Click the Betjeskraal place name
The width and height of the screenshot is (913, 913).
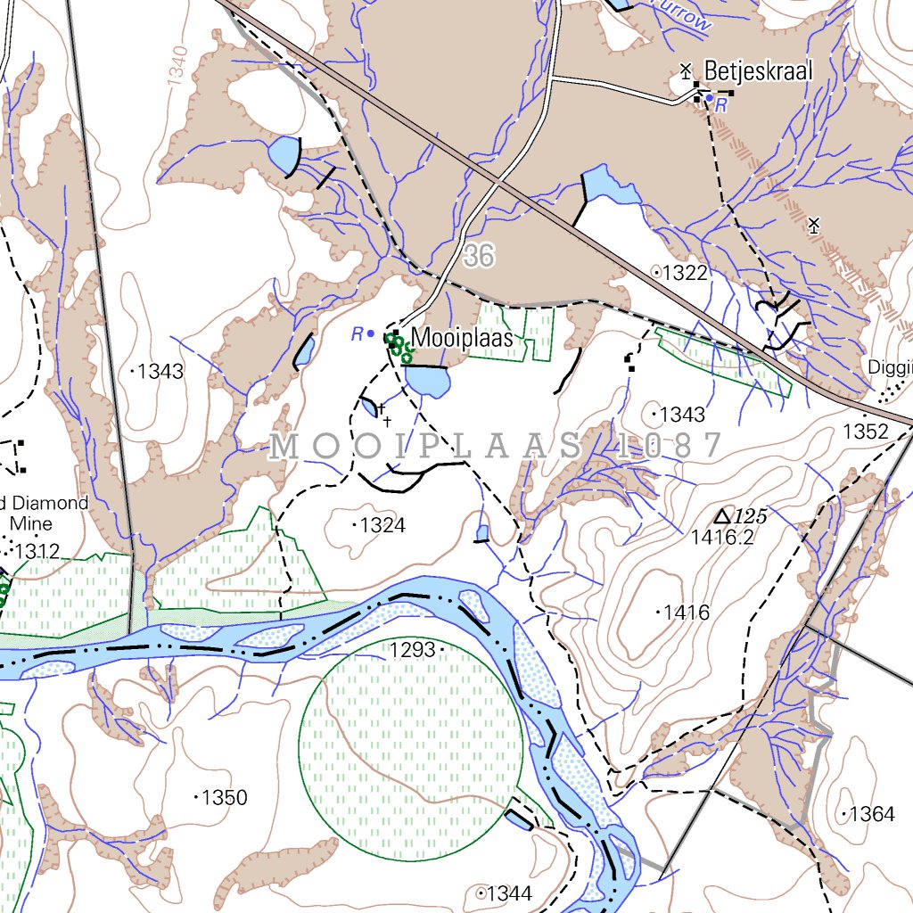[758, 70]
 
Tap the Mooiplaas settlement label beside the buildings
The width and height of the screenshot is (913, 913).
[462, 339]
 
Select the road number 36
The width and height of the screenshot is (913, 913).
[479, 257]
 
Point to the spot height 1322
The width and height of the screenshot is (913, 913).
[685, 273]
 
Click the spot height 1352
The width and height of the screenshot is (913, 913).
[866, 432]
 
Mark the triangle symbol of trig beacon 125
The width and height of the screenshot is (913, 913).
[723, 516]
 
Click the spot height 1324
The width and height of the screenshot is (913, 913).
[382, 526]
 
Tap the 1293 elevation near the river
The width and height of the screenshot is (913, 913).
[412, 649]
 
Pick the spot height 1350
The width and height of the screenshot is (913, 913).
[225, 797]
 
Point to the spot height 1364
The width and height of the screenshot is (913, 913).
[871, 814]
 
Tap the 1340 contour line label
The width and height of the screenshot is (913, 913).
[177, 64]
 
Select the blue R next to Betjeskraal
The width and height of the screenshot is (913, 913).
[721, 105]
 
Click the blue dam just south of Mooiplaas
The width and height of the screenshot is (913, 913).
[427, 382]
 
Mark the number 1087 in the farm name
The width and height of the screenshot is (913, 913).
[668, 446]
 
